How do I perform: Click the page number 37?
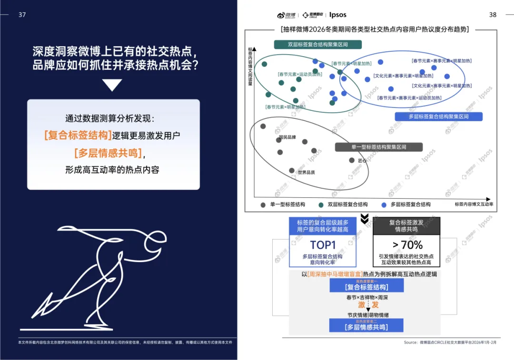pos(22,15)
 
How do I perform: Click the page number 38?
pos(493,15)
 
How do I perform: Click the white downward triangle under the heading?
pos(112,85)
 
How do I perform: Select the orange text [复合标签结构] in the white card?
pos(78,135)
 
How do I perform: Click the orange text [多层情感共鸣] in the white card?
pos(108,153)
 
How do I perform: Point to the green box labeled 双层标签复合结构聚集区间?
pos(317,45)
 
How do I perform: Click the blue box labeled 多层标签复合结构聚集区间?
pos(438,117)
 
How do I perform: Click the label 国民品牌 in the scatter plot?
pos(287,137)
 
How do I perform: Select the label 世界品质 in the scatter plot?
pos(306,172)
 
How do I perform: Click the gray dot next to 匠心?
pos(352,160)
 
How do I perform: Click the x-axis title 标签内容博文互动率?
pos(474,204)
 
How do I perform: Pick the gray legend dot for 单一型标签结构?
pos(263,205)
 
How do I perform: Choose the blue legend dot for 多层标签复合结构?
pos(384,205)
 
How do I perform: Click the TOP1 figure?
pos(323,245)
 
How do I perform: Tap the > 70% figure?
pos(407,245)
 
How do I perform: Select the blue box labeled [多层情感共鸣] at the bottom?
pos(366,327)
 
